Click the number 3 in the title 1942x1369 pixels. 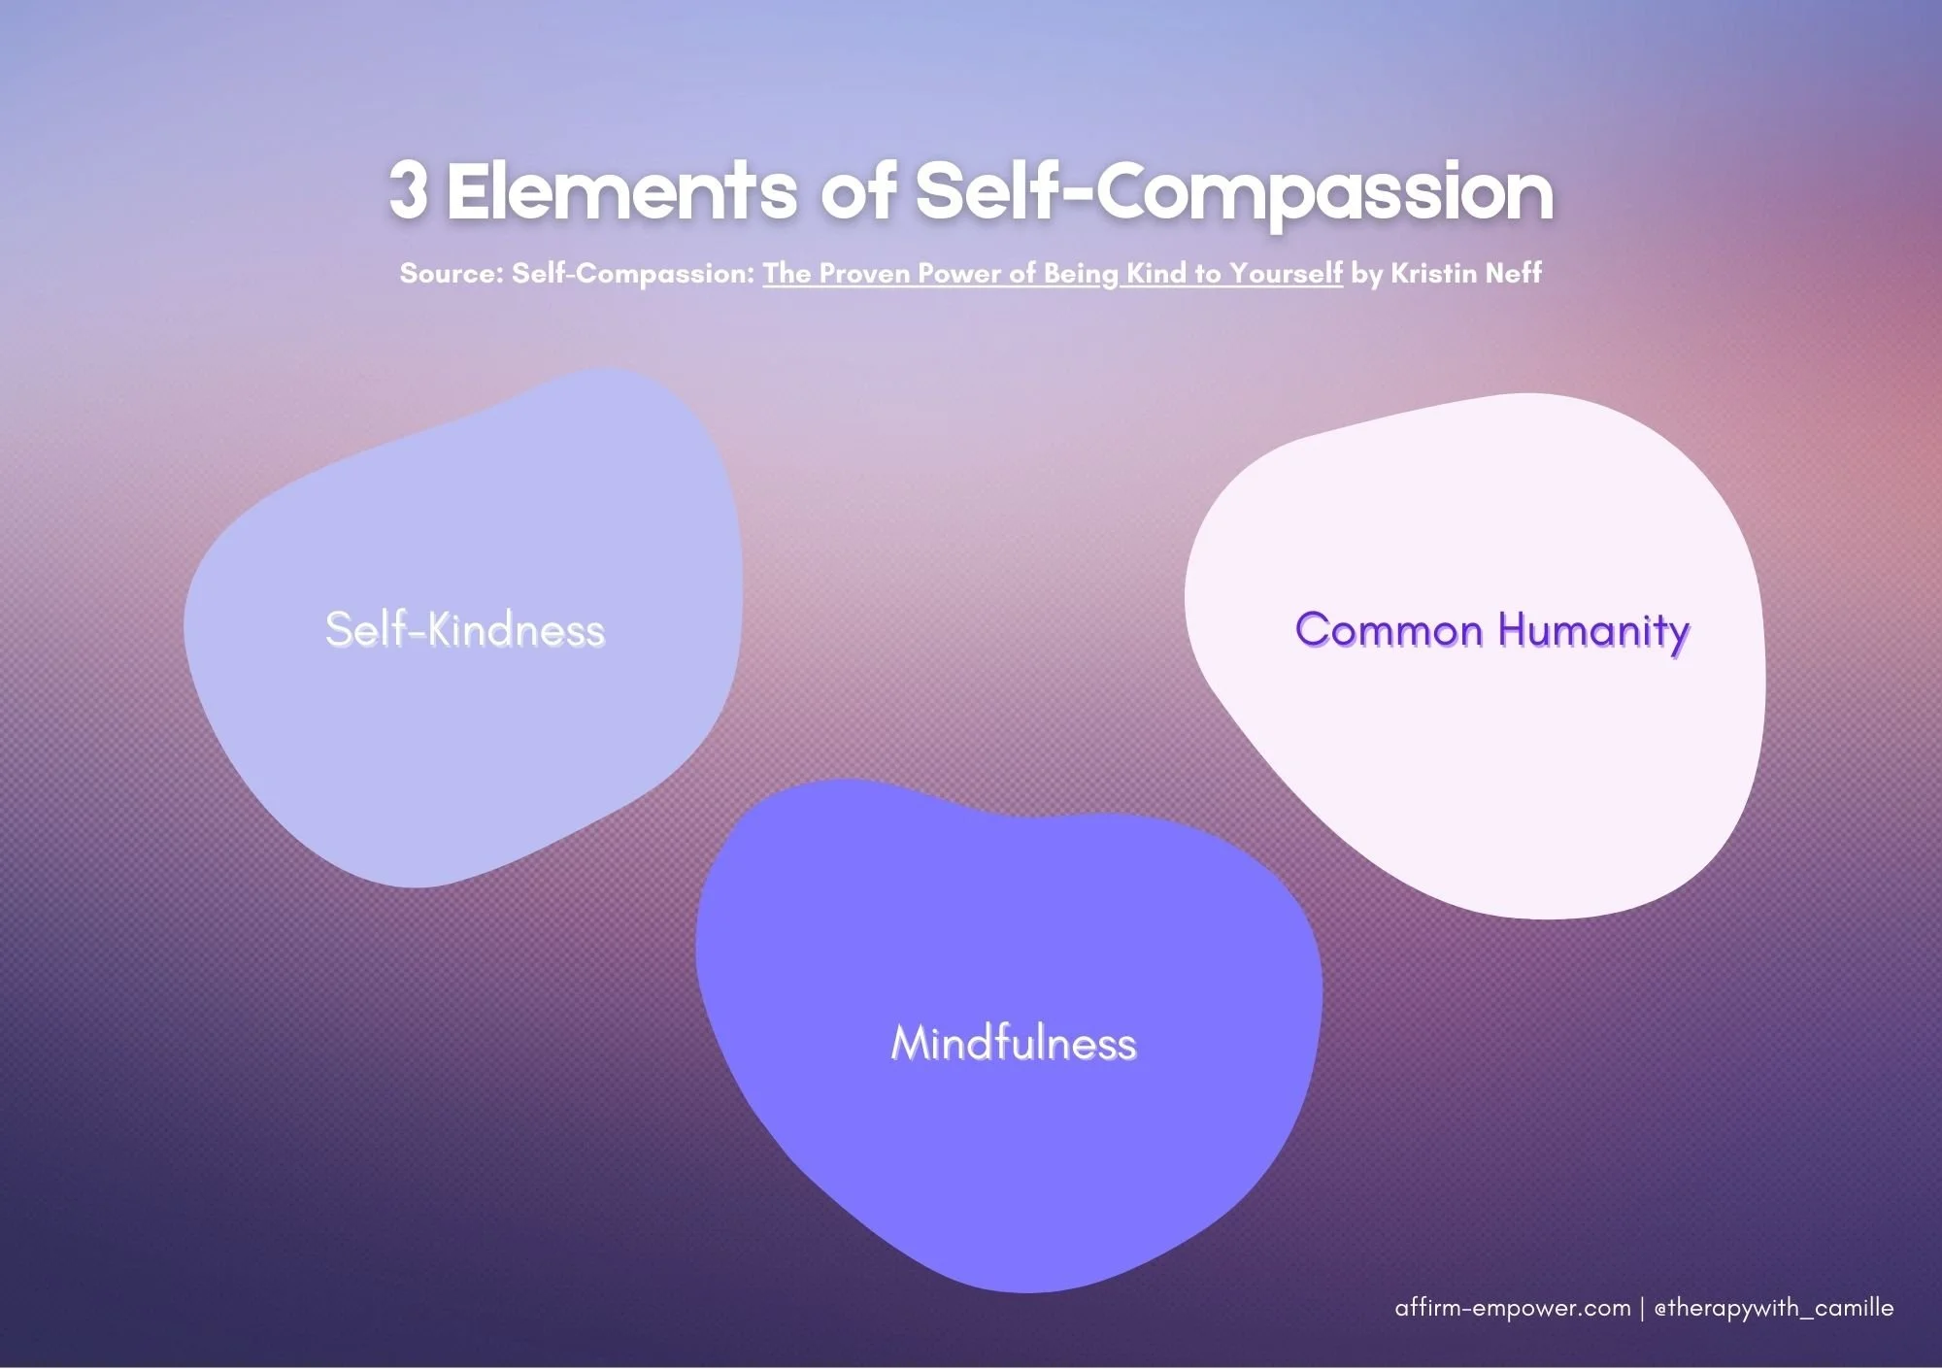pyautogui.click(x=408, y=191)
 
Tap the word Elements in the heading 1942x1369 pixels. pyautogui.click(x=620, y=191)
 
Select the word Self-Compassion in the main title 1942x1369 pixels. pyautogui.click(x=1234, y=193)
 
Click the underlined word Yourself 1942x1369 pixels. pyautogui.click(x=1286, y=275)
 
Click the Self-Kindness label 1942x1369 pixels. pyautogui.click(x=465, y=630)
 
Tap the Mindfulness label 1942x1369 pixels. pyautogui.click(x=1013, y=1044)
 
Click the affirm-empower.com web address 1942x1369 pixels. pyautogui.click(x=1512, y=1309)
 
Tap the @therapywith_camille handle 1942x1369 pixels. pyautogui.click(x=1773, y=1309)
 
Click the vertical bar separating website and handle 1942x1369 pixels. pyautogui.click(x=1642, y=1309)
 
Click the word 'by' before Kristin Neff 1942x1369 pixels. pyautogui.click(x=1366, y=275)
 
